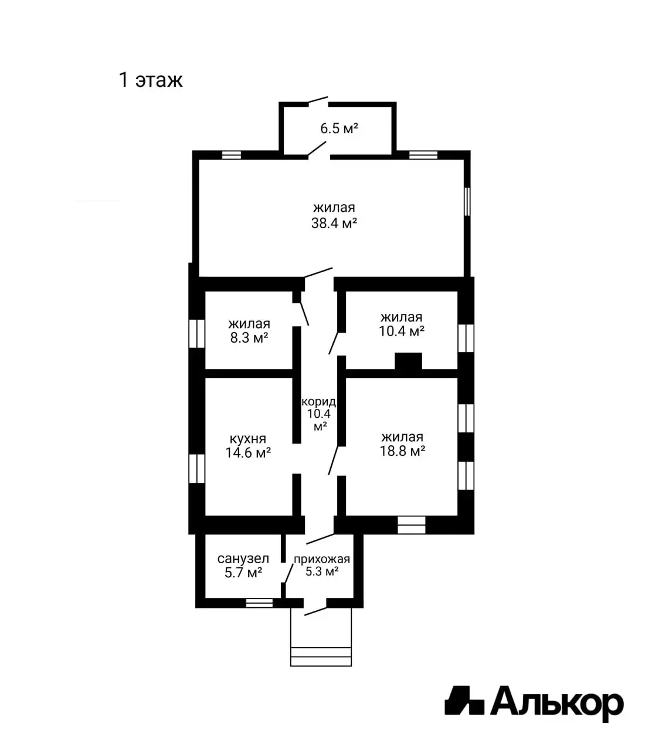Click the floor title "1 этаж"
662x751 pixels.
pyautogui.click(x=151, y=79)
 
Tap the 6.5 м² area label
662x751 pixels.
pyautogui.click(x=339, y=128)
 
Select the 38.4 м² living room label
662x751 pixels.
pyautogui.click(x=334, y=215)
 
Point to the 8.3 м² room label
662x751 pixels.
pyautogui.click(x=249, y=330)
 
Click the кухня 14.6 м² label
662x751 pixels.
pyautogui.click(x=247, y=445)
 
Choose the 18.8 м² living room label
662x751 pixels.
pyautogui.click(x=402, y=444)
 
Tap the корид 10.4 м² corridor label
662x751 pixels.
pyautogui.click(x=319, y=414)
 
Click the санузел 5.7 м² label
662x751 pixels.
pyautogui.click(x=243, y=566)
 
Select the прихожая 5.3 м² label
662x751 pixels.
pyautogui.click(x=322, y=565)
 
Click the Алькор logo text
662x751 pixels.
pyautogui.click(x=556, y=702)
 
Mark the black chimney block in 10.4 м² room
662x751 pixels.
pyautogui.click(x=408, y=361)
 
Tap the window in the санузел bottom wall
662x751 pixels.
pyautogui.click(x=259, y=602)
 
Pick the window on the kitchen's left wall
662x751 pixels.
pyautogui.click(x=196, y=468)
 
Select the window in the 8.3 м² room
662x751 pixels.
pyautogui.click(x=196, y=333)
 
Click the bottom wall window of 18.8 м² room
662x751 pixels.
pyautogui.click(x=411, y=524)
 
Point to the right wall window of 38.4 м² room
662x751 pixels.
pyautogui.click(x=467, y=201)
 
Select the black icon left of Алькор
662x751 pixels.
pyautogui.click(x=464, y=701)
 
